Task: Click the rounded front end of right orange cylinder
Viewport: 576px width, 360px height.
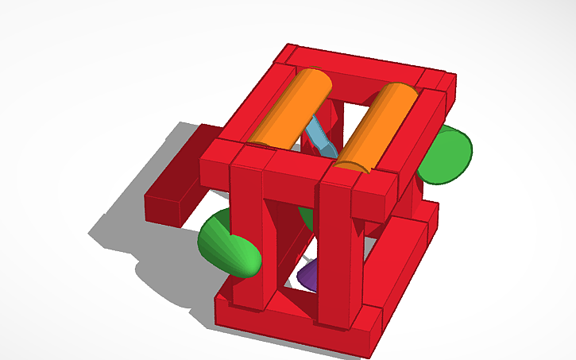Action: (354, 165)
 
